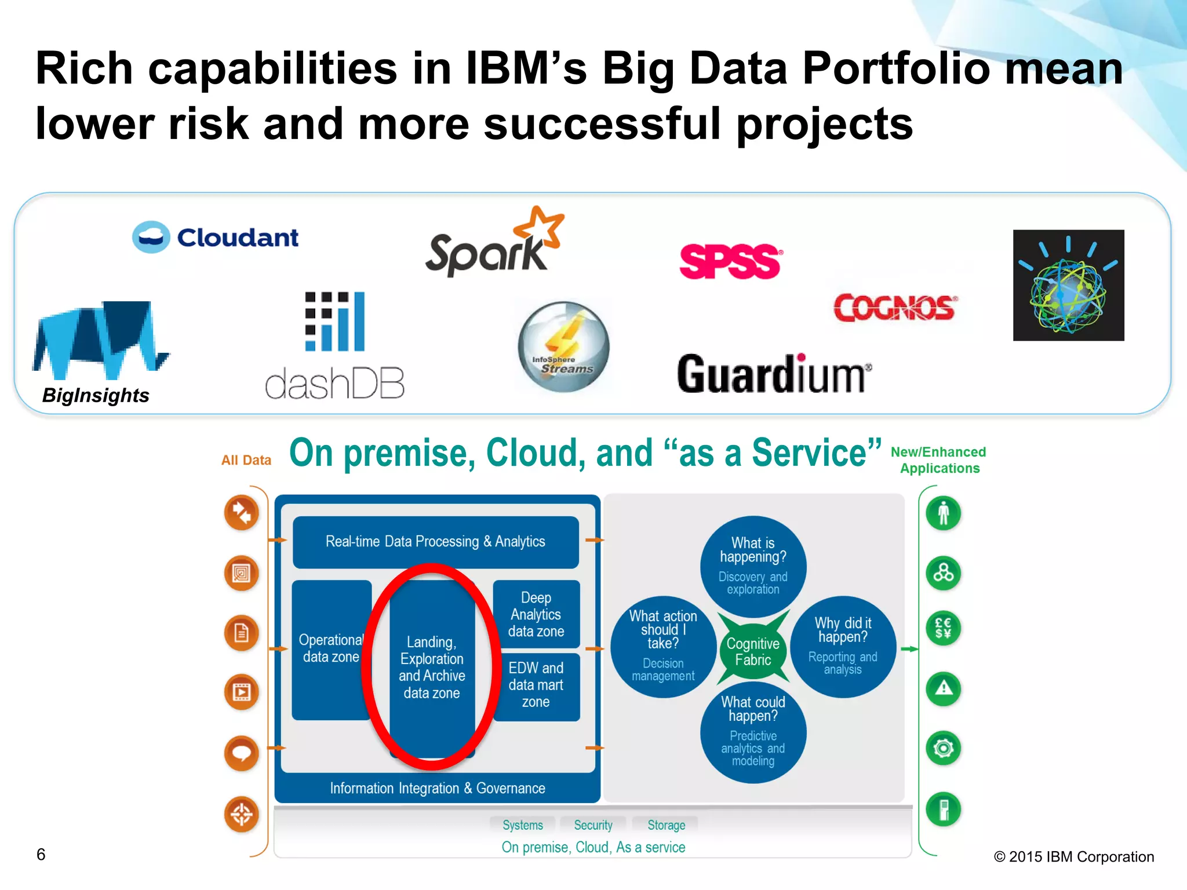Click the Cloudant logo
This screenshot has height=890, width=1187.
point(216,237)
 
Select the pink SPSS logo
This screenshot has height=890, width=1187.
point(730,261)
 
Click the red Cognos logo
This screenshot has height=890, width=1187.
point(895,308)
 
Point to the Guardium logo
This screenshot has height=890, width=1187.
point(774,374)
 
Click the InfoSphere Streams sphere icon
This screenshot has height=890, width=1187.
point(563,346)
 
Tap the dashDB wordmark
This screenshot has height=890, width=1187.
point(334,383)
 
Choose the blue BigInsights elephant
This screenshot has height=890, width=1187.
point(99,339)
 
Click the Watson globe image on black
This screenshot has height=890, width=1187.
point(1068,285)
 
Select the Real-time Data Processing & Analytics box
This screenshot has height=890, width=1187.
point(435,542)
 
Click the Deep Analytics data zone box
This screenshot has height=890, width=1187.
point(536,614)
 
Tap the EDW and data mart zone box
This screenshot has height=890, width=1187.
point(536,685)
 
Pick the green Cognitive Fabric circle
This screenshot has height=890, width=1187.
point(753,652)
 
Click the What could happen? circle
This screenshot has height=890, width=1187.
point(753,731)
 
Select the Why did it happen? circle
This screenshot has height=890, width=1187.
point(843,646)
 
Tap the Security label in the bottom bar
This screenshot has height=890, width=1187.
point(593,825)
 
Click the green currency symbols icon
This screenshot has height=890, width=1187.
point(943,628)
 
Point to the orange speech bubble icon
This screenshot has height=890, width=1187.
point(242,753)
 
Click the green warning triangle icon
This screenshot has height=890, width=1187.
point(943,688)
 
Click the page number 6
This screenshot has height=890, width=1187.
point(41,854)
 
